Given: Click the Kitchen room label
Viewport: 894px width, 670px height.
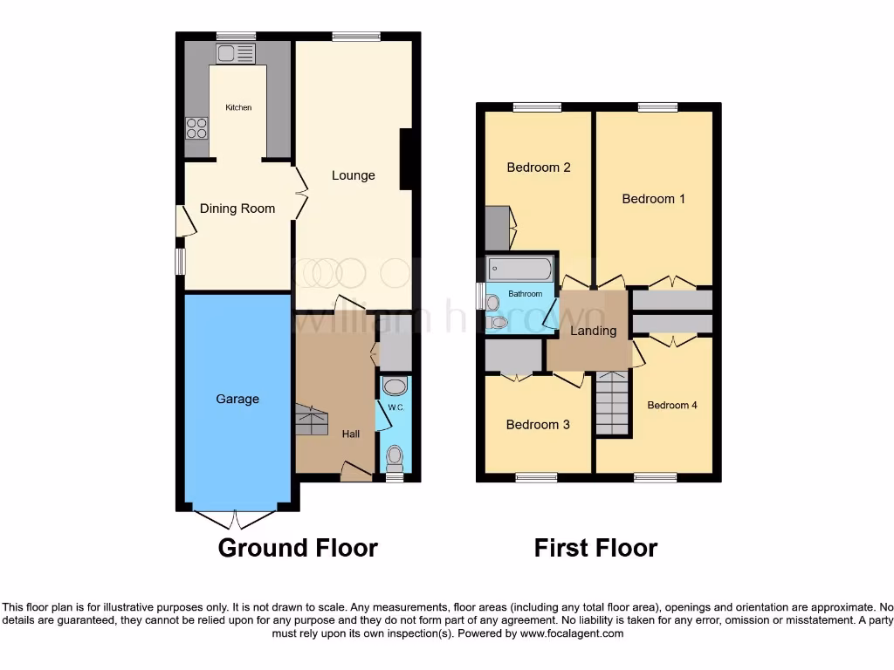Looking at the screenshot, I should (238, 107).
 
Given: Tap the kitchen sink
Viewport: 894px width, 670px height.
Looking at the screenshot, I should (236, 53).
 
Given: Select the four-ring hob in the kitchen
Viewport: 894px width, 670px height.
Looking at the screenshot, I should (196, 128).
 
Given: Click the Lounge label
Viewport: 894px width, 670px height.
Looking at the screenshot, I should (353, 175).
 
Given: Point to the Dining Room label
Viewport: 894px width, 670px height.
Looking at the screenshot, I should (237, 209).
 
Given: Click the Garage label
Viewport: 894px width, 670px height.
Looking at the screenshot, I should (237, 399).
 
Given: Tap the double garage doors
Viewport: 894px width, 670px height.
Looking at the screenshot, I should (237, 518).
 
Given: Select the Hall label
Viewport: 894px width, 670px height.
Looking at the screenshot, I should (350, 433).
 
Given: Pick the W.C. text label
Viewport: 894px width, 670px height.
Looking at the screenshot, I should (395, 406).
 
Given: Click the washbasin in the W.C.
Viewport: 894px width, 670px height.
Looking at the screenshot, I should (395, 386).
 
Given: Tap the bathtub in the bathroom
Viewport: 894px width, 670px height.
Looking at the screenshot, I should (520, 268).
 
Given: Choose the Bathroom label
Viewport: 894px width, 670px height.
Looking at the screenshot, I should (526, 294).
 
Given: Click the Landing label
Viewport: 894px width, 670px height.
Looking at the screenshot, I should (594, 331).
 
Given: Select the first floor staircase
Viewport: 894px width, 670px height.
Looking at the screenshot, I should (613, 403).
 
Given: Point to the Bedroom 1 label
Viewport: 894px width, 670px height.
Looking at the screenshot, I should (653, 199).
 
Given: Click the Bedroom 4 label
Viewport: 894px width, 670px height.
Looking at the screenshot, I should (672, 405).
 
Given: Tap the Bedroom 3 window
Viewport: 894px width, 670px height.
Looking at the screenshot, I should (536, 477).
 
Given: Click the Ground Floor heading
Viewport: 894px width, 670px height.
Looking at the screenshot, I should (298, 548).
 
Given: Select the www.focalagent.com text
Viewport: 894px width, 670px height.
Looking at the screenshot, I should (571, 633).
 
